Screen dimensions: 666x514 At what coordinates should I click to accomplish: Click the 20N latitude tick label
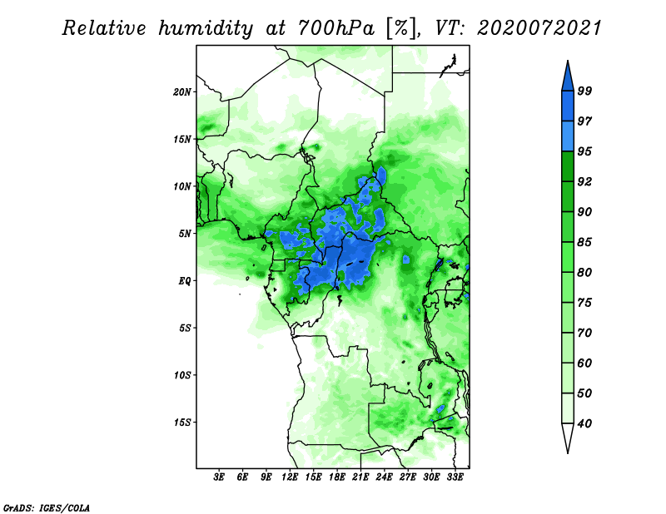(x=182, y=91)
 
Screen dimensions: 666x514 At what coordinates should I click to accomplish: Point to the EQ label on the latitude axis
(x=184, y=280)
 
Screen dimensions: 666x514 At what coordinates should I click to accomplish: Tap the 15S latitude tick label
(x=182, y=423)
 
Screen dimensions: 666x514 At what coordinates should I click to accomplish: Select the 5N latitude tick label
(x=185, y=234)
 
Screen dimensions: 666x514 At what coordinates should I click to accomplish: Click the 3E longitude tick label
(x=218, y=477)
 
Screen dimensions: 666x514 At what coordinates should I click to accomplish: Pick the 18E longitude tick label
(x=337, y=477)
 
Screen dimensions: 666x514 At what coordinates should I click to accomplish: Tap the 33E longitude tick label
(x=455, y=477)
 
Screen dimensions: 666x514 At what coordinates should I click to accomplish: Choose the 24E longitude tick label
(x=384, y=477)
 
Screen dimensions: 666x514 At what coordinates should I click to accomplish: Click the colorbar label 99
(x=584, y=91)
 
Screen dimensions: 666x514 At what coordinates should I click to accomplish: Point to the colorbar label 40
(x=584, y=423)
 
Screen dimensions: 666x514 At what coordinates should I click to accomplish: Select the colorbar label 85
(x=584, y=242)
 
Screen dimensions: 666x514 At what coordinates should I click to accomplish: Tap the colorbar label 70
(x=584, y=333)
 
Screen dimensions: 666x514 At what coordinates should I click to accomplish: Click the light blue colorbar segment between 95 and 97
(x=568, y=136)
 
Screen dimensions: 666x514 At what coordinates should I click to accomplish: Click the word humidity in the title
(x=206, y=28)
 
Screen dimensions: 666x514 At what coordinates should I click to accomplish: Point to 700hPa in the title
(x=336, y=28)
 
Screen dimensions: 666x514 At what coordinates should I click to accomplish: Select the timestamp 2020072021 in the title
(x=539, y=28)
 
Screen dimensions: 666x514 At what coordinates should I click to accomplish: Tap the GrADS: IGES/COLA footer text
(x=47, y=507)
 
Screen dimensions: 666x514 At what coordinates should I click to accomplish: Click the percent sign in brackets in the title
(x=401, y=28)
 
